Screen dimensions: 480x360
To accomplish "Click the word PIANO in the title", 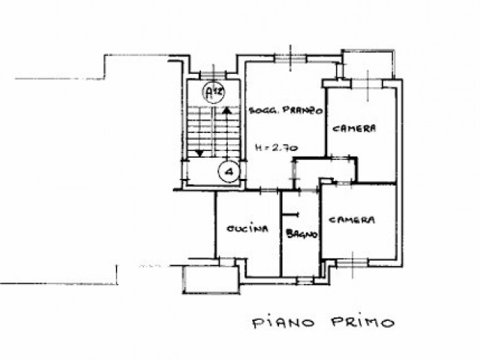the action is pos(283,323).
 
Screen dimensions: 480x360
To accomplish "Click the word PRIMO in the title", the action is pos(363,322).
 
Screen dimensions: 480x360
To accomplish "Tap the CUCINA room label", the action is pos(248,228).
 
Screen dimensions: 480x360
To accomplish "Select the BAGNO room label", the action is pos(301,235).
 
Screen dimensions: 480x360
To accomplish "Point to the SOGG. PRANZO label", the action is pos(286,111).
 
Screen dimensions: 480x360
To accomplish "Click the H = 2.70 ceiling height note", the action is pos(277,148).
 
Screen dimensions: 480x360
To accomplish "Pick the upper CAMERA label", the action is pos(354,128).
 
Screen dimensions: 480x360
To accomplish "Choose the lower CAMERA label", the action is pos(351,220).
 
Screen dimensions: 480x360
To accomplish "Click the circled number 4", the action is pos(229,171).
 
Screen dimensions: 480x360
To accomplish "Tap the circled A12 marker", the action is pos(214,91).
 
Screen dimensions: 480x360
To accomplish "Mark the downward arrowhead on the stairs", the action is pos(200,153).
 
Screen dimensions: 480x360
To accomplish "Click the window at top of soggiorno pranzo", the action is pos(291,58).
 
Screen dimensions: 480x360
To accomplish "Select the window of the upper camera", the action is pos(368,83).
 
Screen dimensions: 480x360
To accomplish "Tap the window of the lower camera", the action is pos(352,263).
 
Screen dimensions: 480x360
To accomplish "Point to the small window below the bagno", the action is pos(305,280).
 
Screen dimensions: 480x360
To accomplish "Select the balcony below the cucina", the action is pos(211,280).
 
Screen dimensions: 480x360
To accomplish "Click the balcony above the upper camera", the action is pos(368,64).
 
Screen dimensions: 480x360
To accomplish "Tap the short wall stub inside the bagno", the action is pos(290,215).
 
